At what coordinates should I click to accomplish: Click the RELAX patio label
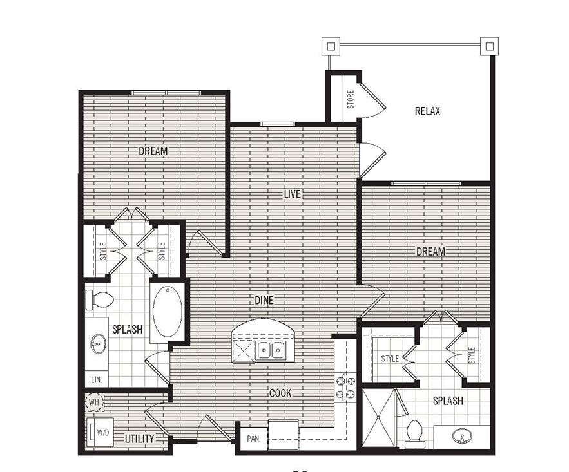pyautogui.click(x=427, y=111)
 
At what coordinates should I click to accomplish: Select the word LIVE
pyautogui.click(x=293, y=194)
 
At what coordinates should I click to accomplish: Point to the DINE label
pyautogui.click(x=264, y=300)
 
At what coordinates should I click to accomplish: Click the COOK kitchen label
pyautogui.click(x=280, y=393)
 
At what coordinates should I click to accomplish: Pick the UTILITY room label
pyautogui.click(x=139, y=439)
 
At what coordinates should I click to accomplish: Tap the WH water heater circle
pyautogui.click(x=94, y=402)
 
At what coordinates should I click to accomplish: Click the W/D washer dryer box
pyautogui.click(x=101, y=431)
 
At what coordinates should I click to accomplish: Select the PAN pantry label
pyautogui.click(x=253, y=439)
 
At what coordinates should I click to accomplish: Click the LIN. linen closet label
pyautogui.click(x=96, y=380)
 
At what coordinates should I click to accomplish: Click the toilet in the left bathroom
pyautogui.click(x=100, y=299)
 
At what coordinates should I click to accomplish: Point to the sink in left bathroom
pyautogui.click(x=98, y=343)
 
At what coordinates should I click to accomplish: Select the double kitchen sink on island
pyautogui.click(x=270, y=350)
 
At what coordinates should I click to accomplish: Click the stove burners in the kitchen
pyautogui.click(x=345, y=386)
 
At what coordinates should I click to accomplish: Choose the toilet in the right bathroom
pyautogui.click(x=414, y=433)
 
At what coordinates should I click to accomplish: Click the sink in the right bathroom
pyautogui.click(x=461, y=437)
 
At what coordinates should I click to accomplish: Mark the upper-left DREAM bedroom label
pyautogui.click(x=153, y=151)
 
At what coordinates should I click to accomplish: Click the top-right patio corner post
pyautogui.click(x=489, y=46)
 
